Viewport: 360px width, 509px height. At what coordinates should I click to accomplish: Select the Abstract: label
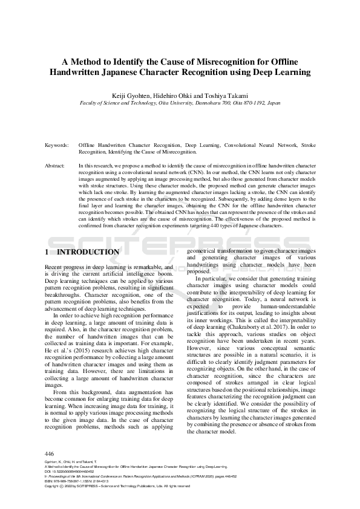tap(56, 165)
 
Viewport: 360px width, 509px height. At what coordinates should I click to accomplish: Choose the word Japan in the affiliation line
tap(273, 103)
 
